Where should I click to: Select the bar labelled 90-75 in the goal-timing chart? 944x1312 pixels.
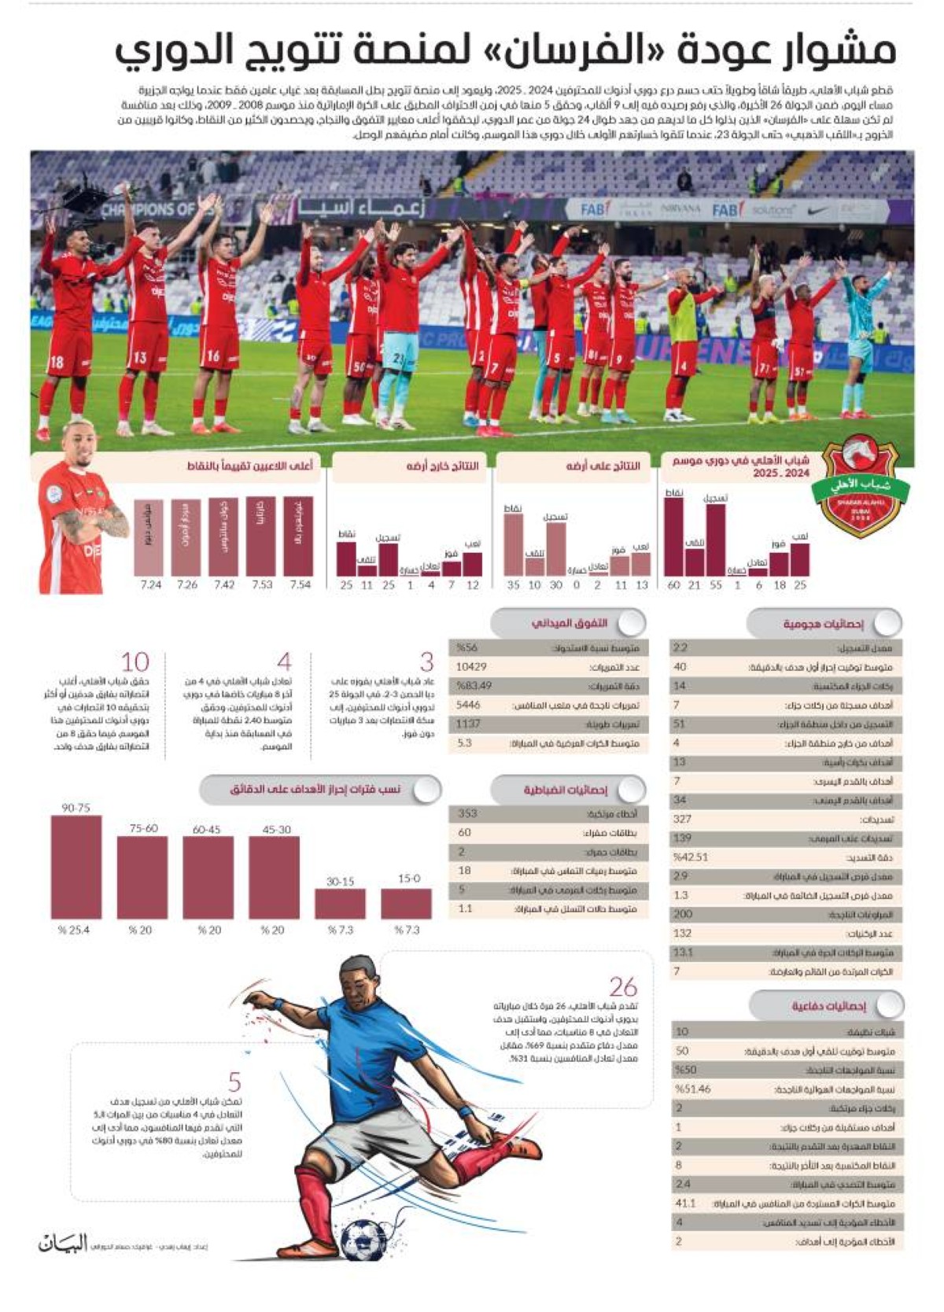(76, 867)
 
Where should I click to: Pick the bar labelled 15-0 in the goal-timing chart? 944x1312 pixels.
(406, 904)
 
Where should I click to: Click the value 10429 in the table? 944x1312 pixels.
(471, 667)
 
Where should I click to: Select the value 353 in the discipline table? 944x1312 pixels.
(467, 813)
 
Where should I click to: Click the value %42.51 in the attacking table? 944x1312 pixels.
(691, 857)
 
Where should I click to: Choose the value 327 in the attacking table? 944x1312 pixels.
(682, 819)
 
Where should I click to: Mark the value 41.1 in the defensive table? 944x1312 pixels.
(685, 1203)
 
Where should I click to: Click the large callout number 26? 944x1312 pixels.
(623, 987)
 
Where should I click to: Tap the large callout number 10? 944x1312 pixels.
(135, 662)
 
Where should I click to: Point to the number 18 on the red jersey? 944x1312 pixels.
(57, 363)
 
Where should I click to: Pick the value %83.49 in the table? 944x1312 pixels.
(474, 686)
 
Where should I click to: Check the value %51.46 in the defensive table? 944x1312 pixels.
(693, 1089)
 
